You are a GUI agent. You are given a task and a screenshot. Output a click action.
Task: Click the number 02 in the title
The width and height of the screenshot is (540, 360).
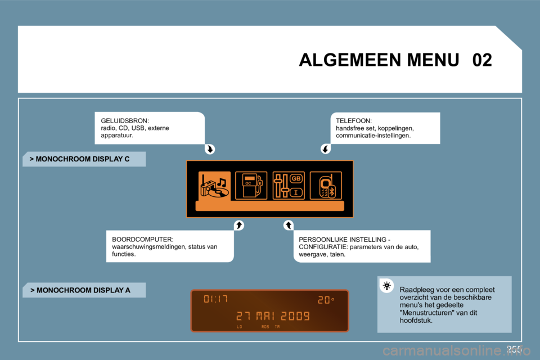482,60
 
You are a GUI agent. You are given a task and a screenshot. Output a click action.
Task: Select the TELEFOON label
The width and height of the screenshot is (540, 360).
353,121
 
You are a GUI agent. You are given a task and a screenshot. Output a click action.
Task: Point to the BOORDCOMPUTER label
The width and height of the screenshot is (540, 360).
143,240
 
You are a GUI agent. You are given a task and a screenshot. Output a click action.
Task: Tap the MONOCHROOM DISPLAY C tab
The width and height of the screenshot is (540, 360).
83,159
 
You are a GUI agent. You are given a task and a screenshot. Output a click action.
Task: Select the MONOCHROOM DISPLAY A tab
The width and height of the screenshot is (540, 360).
83,290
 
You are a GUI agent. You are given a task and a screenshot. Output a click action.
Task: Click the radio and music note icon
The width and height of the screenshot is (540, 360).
214,186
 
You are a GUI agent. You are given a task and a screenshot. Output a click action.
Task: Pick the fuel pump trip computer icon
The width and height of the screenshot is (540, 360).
251,186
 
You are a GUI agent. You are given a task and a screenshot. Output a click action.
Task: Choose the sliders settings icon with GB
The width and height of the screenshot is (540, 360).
289,186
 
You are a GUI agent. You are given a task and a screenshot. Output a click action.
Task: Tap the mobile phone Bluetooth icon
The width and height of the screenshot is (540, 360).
326,186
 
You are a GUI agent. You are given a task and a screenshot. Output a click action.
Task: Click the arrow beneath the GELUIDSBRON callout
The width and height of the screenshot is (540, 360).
210,150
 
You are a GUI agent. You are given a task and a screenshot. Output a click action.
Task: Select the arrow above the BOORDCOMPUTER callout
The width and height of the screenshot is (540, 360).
238,226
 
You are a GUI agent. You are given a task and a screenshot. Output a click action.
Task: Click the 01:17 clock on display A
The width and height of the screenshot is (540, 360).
216,299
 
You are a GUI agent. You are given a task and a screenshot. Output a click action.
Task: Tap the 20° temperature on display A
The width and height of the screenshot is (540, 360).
326,300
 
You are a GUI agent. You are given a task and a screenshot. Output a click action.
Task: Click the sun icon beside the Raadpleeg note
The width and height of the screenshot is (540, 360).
387,286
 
